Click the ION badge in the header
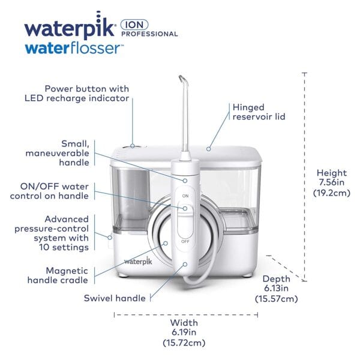[x=136, y=25]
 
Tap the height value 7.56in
[x=329, y=182]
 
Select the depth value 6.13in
[x=276, y=289]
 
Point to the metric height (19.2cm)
[x=329, y=193]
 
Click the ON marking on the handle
[x=185, y=196]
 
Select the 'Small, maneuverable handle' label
[x=65, y=152]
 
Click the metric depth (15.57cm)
[x=276, y=298]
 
